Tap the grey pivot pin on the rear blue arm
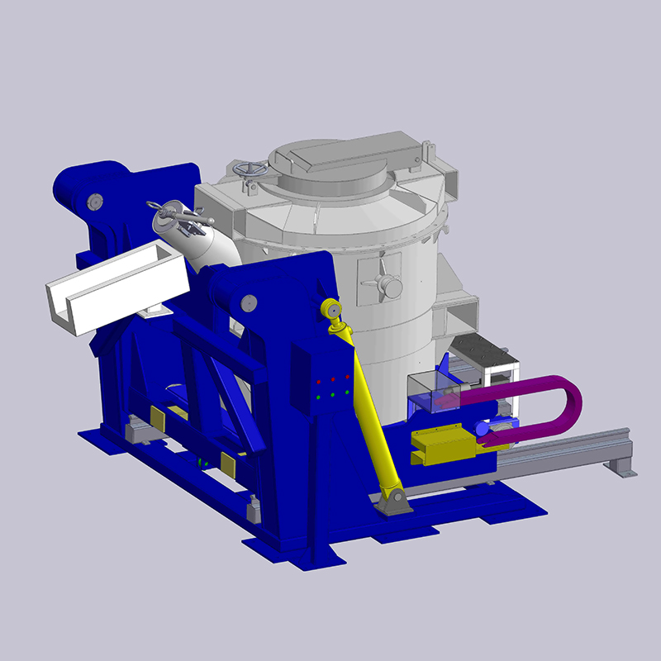pyautogui.click(x=94, y=201)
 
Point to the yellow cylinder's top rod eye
pyautogui.click(x=330, y=310)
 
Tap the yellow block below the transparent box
pyautogui.click(x=442, y=445)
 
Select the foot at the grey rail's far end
pyautogui.click(x=621, y=468)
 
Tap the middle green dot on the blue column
pyautogui.click(x=333, y=395)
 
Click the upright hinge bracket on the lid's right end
pyautogui.click(x=428, y=153)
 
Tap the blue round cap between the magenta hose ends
pyautogui.click(x=482, y=429)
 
